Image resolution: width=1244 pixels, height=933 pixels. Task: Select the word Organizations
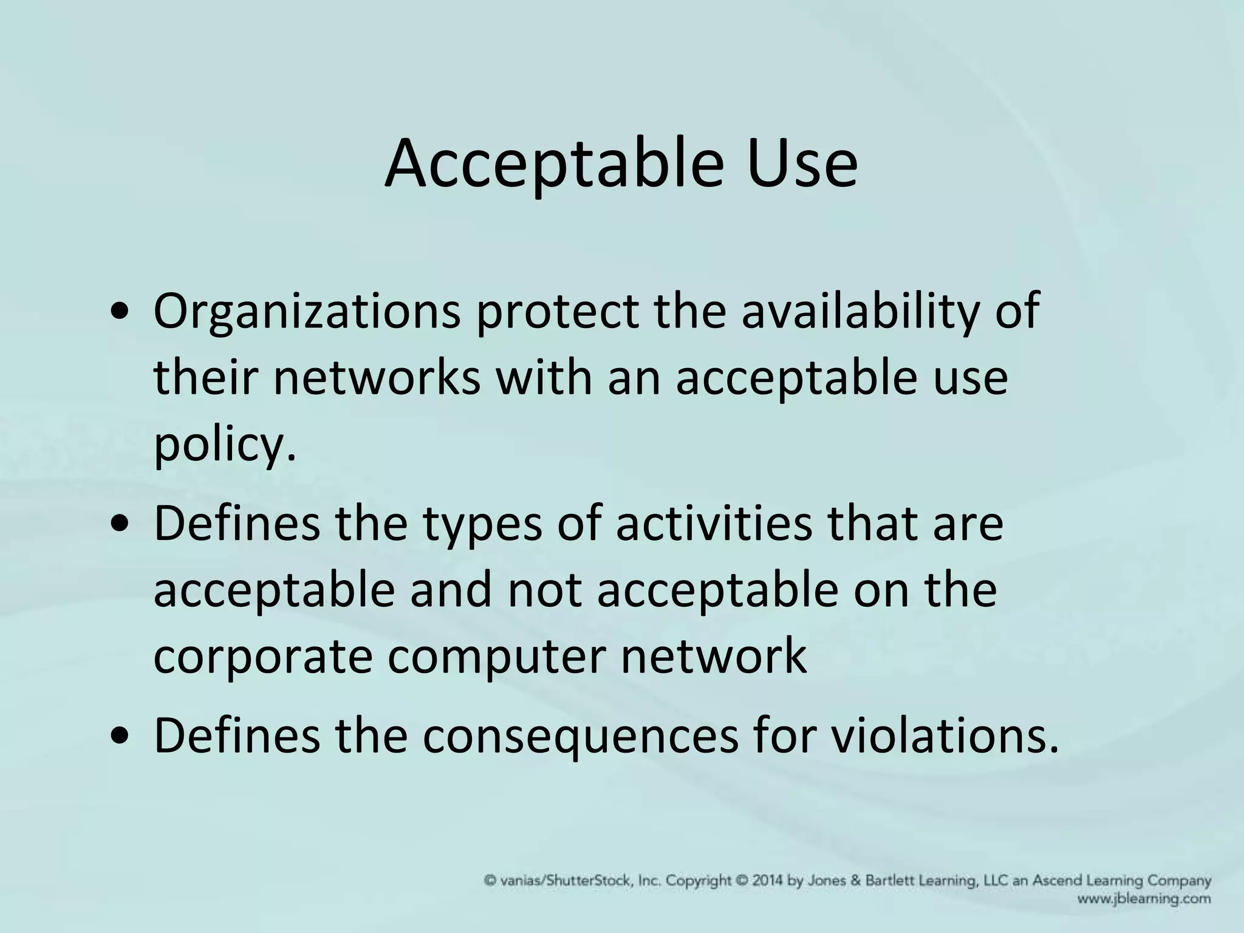click(307, 312)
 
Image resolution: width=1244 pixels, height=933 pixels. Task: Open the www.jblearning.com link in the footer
click(1144, 899)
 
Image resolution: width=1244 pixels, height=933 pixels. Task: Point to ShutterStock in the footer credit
click(589, 880)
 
